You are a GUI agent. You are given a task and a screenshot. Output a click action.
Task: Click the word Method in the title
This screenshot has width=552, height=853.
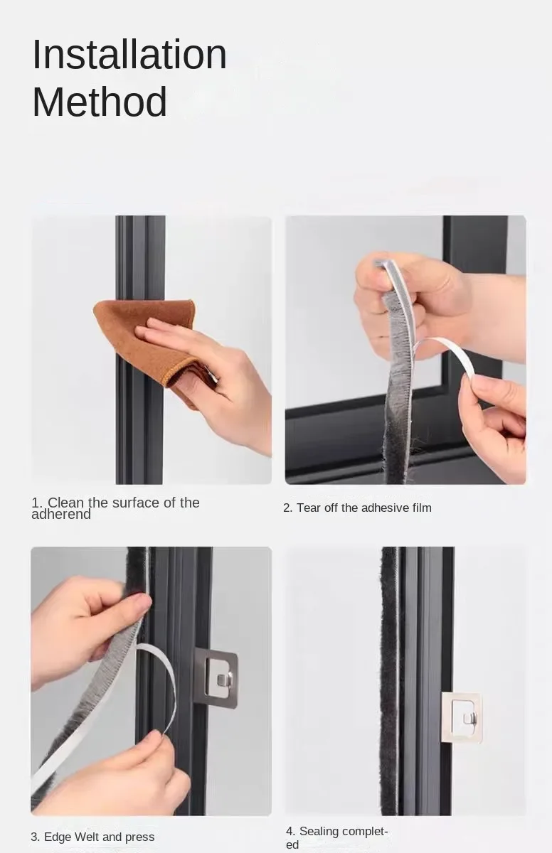(x=100, y=102)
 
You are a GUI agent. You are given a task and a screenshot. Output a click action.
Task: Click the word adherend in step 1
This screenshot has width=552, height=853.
(x=61, y=515)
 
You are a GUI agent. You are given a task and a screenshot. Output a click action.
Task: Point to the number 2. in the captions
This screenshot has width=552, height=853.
(x=287, y=508)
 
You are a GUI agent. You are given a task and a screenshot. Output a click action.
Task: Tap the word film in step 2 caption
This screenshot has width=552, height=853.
(x=422, y=508)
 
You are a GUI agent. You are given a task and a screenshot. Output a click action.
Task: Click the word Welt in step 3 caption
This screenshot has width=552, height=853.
(x=87, y=837)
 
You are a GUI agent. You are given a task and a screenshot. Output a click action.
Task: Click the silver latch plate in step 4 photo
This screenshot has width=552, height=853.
(x=462, y=717)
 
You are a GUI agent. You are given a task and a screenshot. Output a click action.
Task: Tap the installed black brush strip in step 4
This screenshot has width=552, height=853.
(x=389, y=681)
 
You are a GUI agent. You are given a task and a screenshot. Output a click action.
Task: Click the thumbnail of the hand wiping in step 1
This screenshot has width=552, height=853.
(x=152, y=350)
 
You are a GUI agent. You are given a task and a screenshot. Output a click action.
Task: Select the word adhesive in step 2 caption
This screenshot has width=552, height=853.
(x=385, y=508)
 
